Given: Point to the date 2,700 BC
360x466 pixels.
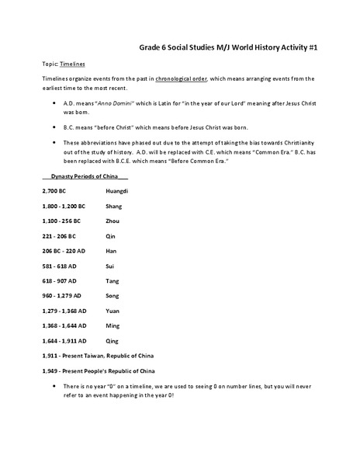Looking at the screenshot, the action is coord(54,190).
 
